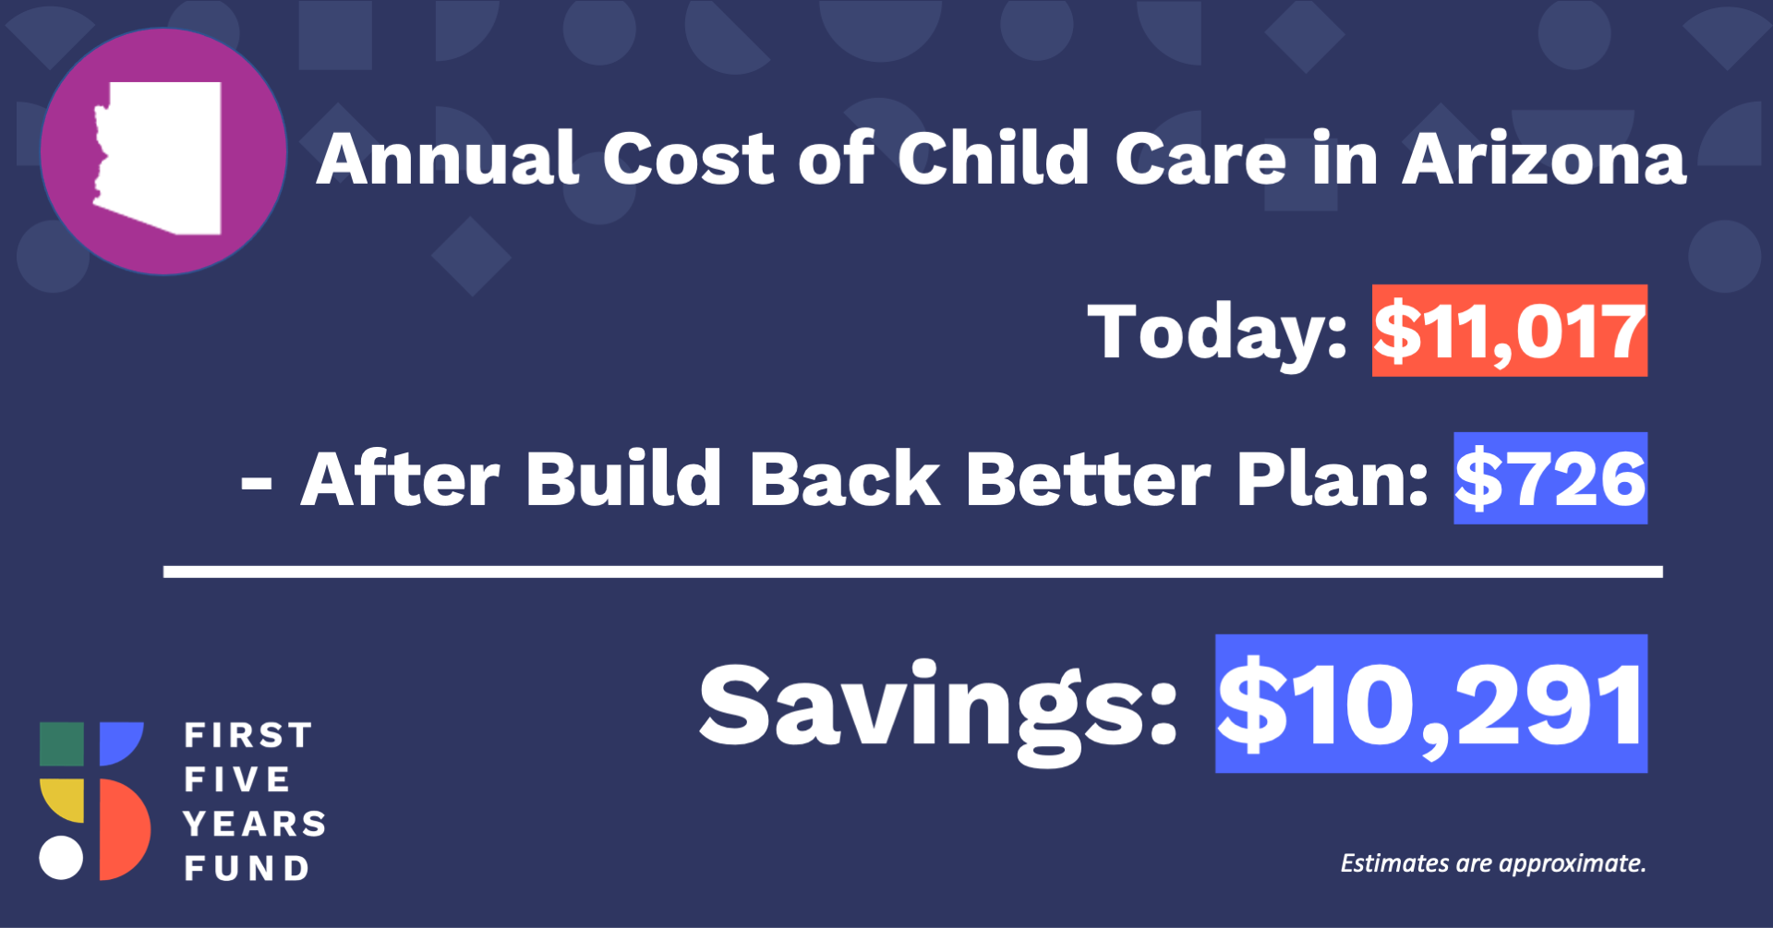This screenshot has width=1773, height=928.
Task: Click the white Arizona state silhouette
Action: tap(162, 157)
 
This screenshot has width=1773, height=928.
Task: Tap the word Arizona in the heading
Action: tap(1544, 159)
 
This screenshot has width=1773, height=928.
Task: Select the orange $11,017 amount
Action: tap(1510, 331)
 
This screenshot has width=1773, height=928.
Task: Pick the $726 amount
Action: tap(1550, 478)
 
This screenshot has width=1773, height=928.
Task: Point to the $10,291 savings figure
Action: tap(1431, 704)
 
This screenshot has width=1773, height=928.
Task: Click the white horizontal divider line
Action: tap(913, 572)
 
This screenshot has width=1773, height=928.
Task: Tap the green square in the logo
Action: tap(62, 744)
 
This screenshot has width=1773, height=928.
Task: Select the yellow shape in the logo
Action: tap(63, 798)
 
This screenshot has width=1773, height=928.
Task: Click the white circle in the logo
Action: tap(61, 858)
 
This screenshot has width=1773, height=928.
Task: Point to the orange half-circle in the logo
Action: tap(122, 829)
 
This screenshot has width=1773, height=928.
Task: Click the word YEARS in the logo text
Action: tap(255, 824)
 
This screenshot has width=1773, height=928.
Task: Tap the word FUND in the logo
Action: tap(247, 868)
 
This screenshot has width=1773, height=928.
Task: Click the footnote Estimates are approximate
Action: tap(1493, 863)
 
